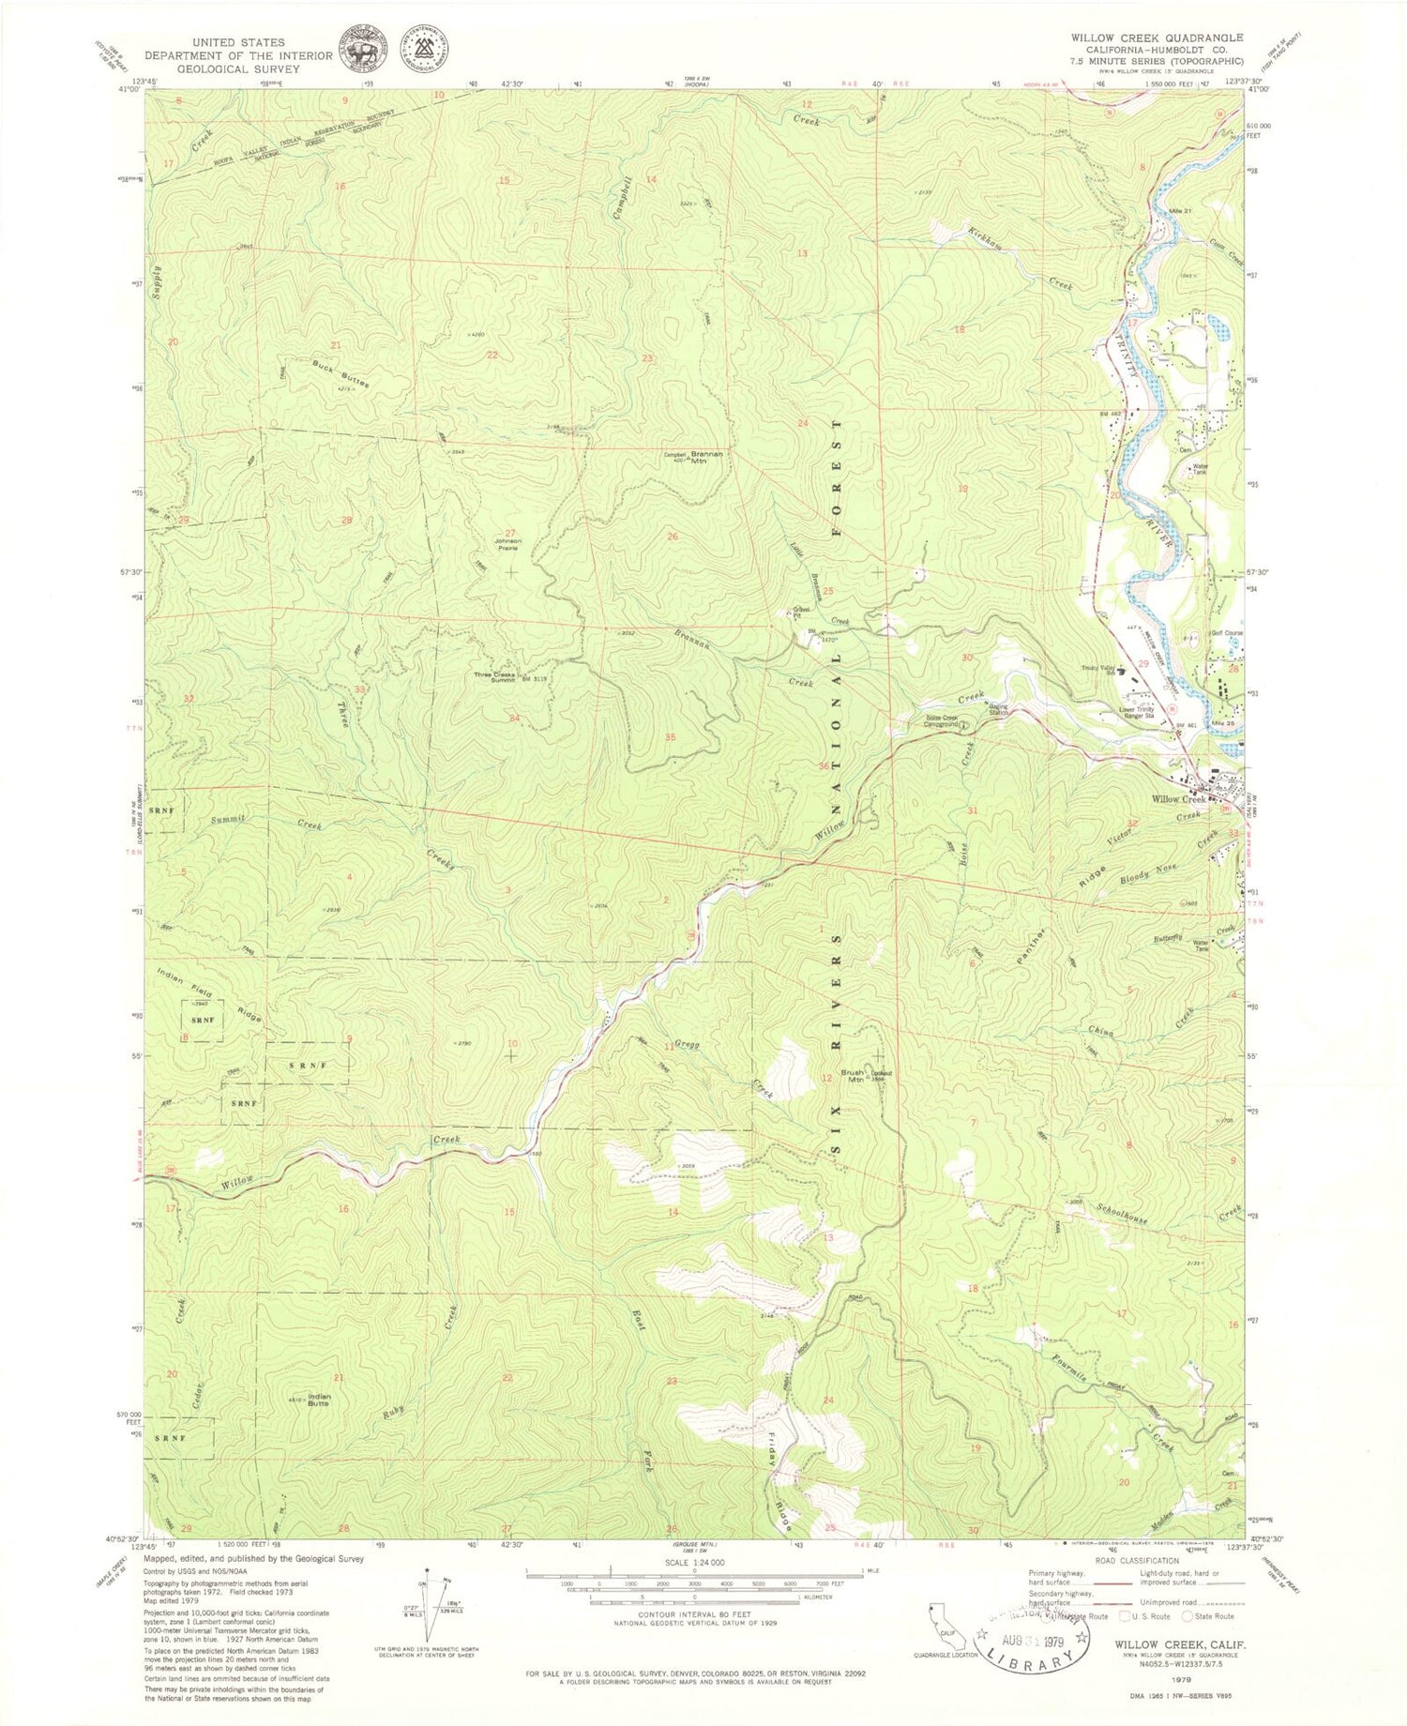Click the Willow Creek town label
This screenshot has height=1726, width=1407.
pyautogui.click(x=1179, y=798)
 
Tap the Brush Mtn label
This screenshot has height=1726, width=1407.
pyautogui.click(x=852, y=1075)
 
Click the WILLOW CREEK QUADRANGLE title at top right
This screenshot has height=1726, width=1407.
pyautogui.click(x=1157, y=38)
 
